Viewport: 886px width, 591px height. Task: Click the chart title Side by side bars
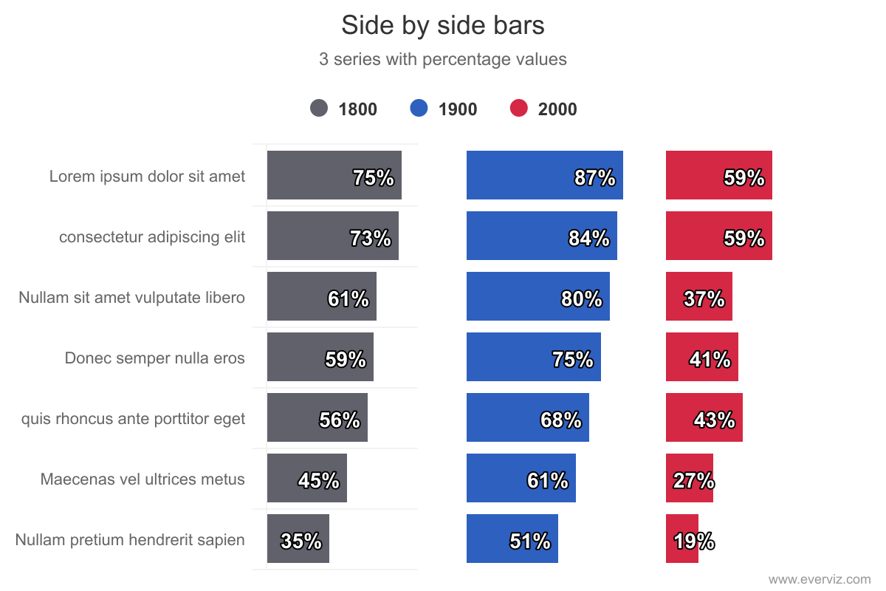(442, 26)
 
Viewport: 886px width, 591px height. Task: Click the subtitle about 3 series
(442, 59)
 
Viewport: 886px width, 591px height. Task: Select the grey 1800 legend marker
(319, 109)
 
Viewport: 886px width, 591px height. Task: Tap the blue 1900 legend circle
(419, 109)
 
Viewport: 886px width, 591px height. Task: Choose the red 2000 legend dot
(519, 109)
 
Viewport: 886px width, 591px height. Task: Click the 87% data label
(594, 178)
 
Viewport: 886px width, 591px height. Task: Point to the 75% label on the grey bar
(373, 178)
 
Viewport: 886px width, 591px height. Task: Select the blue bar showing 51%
(512, 539)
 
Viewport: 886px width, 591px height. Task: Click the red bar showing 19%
(681, 539)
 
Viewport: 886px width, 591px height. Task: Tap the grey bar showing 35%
(298, 539)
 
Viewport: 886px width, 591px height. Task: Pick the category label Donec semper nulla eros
(154, 358)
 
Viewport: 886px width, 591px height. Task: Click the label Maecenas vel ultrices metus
(142, 479)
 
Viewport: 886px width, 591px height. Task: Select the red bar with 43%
(704, 417)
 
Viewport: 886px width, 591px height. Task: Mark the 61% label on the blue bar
(547, 481)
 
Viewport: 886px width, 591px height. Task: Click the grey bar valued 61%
(321, 296)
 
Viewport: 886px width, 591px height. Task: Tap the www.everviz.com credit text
(820, 580)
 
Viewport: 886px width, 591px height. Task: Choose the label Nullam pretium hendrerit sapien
(130, 540)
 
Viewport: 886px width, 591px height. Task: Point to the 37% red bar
(698, 296)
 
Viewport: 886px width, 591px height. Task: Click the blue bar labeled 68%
(527, 417)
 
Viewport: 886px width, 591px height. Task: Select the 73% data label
(370, 239)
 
